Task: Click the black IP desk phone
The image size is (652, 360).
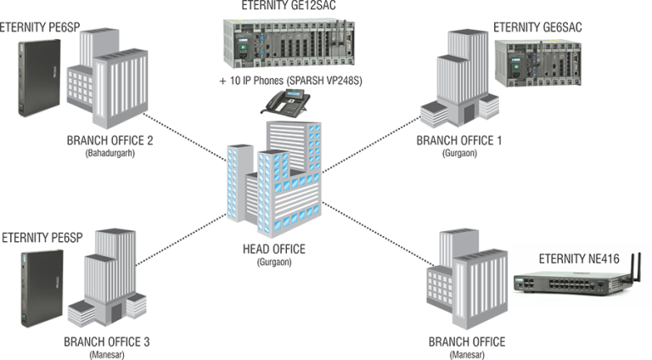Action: pyautogui.click(x=284, y=106)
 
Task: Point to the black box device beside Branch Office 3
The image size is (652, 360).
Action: pyautogui.click(x=38, y=286)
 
